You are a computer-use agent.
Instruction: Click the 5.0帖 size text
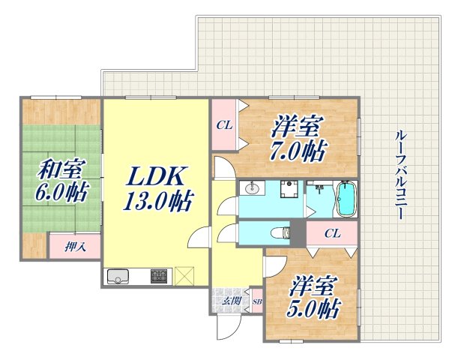[313, 307]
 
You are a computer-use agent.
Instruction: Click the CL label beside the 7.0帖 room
[223, 125]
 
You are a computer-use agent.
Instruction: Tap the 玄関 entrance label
[231, 301]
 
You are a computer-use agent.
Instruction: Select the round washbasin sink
[251, 189]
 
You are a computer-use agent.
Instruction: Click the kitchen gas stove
[160, 277]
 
